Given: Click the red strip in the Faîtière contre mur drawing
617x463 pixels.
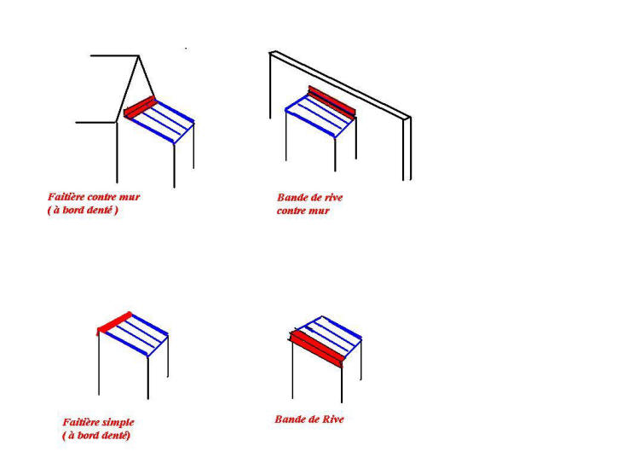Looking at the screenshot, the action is click(140, 107).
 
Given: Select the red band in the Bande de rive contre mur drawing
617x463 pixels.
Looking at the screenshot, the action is click(332, 102).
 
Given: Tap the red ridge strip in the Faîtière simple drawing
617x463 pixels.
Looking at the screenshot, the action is click(114, 324).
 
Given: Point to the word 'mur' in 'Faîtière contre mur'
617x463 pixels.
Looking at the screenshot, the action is click(130, 197).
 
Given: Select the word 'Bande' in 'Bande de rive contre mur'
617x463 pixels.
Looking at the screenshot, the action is click(291, 198).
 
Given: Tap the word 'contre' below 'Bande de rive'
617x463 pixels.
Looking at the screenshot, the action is click(291, 211).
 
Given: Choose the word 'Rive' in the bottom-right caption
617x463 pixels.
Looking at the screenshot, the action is click(333, 420).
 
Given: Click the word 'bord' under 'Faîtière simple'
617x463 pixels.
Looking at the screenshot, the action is click(88, 436).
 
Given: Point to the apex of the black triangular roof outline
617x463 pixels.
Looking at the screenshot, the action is click(139, 56).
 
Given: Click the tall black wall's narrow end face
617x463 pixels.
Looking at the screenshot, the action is click(407, 148).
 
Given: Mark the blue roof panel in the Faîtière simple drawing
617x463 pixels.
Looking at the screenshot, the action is click(136, 334).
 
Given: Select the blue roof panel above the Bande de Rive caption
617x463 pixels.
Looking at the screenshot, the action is click(330, 334).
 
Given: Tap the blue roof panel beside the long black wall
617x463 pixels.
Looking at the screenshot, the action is click(320, 116).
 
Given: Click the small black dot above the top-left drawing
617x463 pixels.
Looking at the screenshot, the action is click(186, 49).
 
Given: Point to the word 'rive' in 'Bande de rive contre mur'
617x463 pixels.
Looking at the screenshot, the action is click(334, 198).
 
